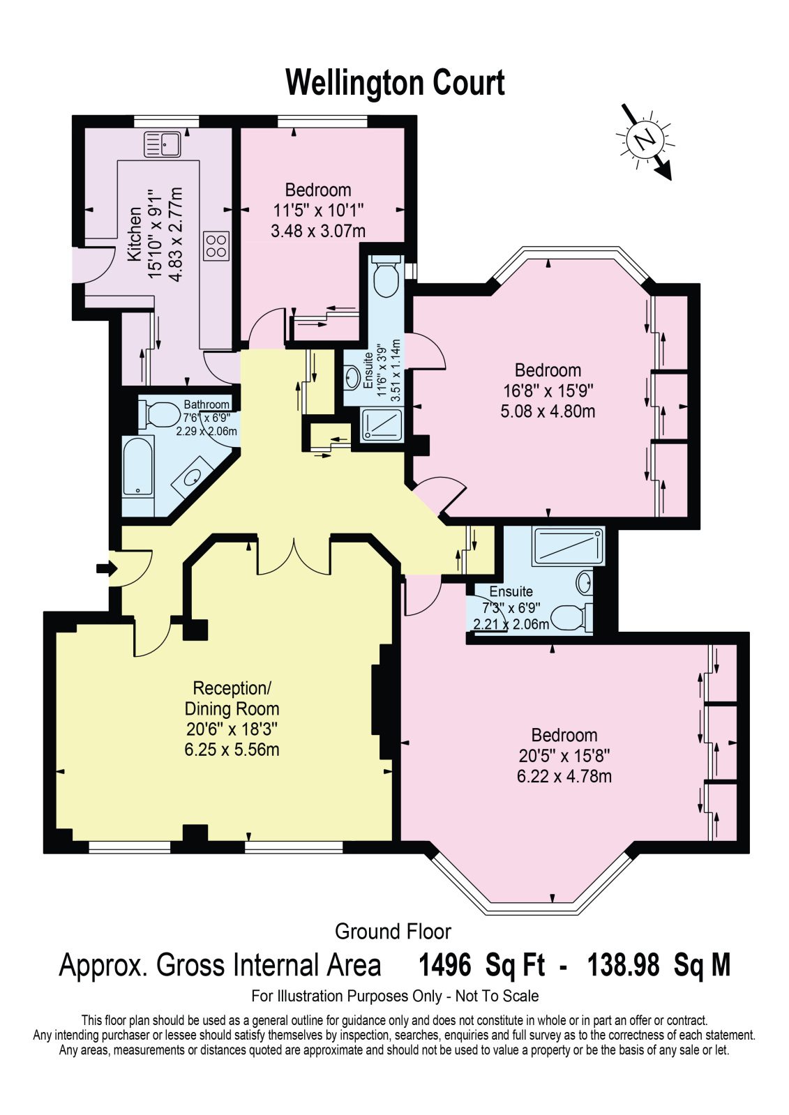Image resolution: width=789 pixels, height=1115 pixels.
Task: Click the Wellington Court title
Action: point(395,82)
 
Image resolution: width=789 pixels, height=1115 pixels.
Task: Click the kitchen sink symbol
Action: point(162,144)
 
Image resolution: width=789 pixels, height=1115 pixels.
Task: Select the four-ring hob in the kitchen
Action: point(216,246)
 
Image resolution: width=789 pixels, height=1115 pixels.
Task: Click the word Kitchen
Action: point(135,234)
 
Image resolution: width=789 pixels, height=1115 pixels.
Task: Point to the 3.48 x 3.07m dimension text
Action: point(318,231)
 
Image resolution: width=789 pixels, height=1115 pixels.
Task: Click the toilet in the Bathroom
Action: point(159,414)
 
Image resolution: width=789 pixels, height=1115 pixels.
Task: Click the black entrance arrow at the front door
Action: point(106,568)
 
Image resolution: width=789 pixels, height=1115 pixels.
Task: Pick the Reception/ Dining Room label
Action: point(232,699)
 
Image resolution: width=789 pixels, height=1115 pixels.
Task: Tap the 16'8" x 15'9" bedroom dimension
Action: point(548,390)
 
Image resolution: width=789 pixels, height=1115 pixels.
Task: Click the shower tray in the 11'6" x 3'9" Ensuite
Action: point(382,425)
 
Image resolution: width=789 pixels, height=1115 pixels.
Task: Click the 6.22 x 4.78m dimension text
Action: point(564,776)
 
